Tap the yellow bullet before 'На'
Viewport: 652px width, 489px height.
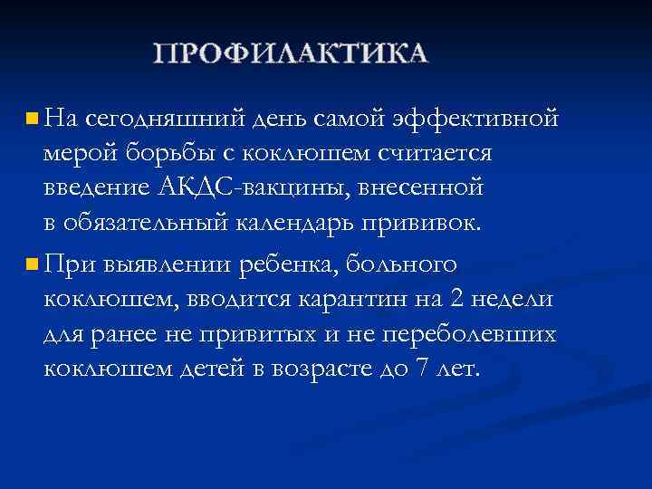pyautogui.click(x=32, y=118)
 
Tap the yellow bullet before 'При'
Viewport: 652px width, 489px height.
pyautogui.click(x=32, y=264)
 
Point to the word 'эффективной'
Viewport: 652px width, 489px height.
pyautogui.click(x=475, y=118)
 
